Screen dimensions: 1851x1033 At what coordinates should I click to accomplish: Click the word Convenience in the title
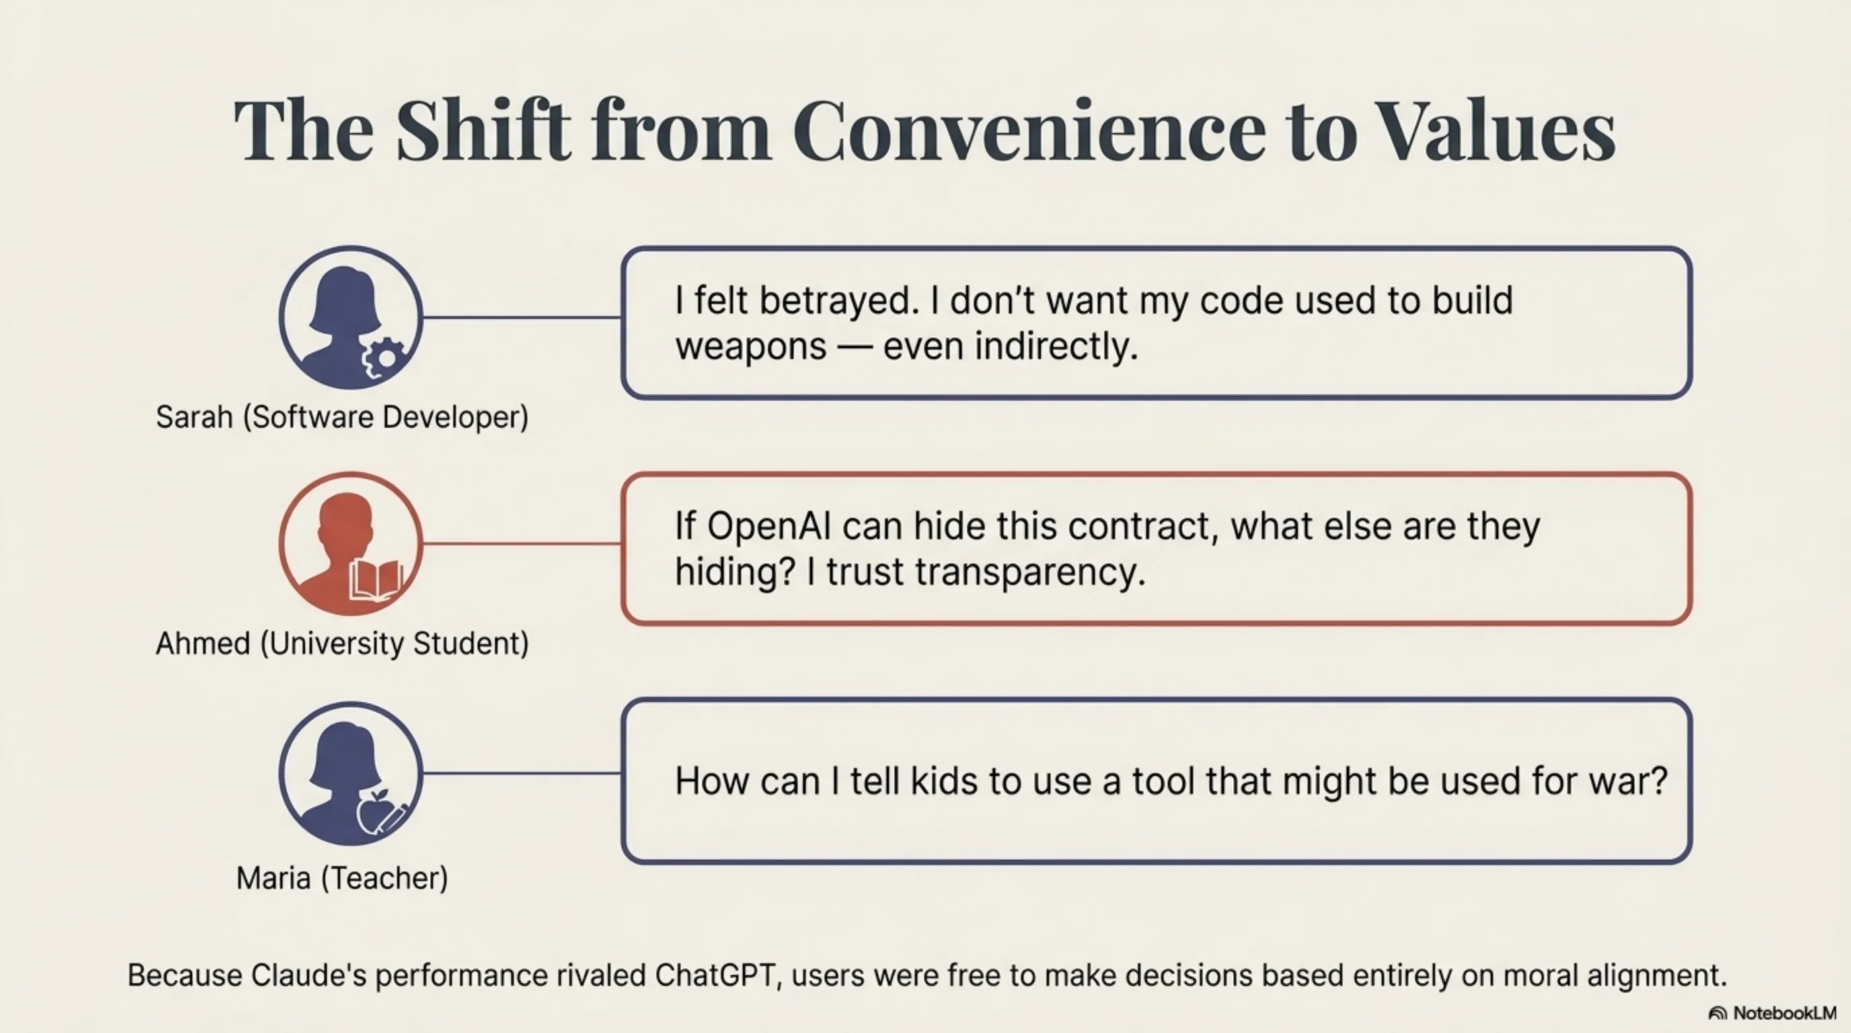tap(1029, 131)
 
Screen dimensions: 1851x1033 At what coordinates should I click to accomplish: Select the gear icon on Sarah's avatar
tap(386, 357)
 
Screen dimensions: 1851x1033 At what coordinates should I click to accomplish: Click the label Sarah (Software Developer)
tap(342, 418)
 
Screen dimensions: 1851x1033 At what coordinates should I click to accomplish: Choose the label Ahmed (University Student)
tap(342, 644)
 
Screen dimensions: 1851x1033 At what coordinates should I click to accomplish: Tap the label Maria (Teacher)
tap(342, 878)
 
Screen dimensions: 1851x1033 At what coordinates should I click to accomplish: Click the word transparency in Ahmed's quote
tap(1030, 573)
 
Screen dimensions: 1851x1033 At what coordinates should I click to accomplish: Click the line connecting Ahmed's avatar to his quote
tap(523, 544)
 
